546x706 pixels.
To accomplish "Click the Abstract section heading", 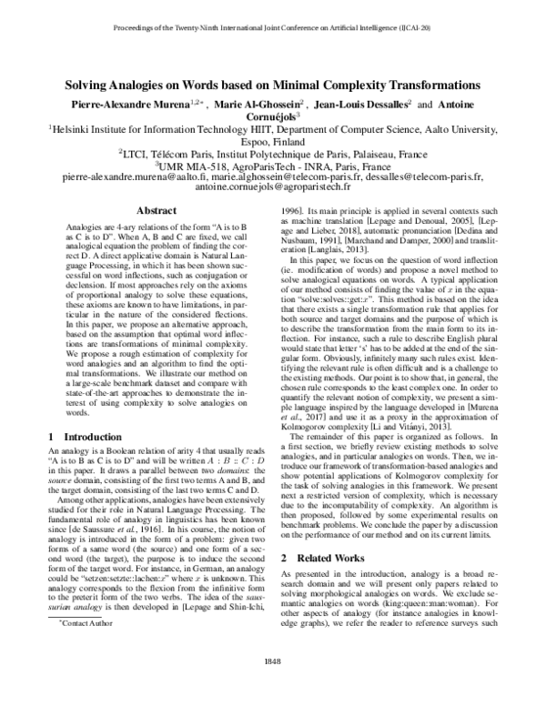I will coord(156,209).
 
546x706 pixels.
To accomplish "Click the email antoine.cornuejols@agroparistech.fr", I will coord(272,186).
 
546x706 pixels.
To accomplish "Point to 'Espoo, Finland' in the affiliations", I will coord(272,143).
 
